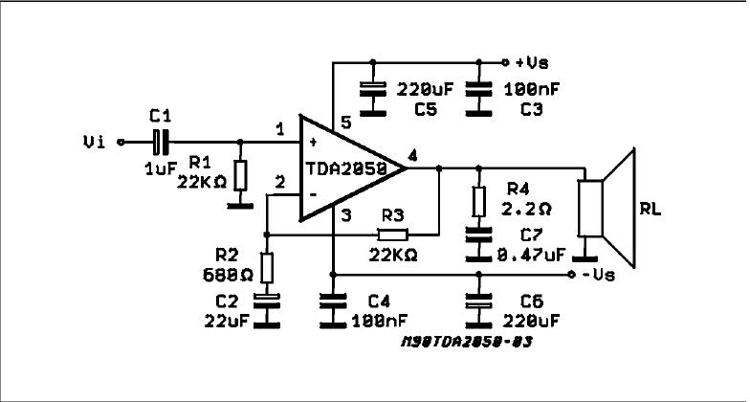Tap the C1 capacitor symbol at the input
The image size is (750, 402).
coord(162,142)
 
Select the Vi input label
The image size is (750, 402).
coord(95,142)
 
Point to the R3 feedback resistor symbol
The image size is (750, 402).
coord(391,234)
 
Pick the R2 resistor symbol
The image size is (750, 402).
coord(267,267)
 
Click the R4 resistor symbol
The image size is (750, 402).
coord(476,200)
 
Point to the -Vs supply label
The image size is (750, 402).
coord(598,275)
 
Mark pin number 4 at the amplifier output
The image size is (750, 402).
coord(411,155)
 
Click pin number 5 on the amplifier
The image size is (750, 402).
coord(346,124)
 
